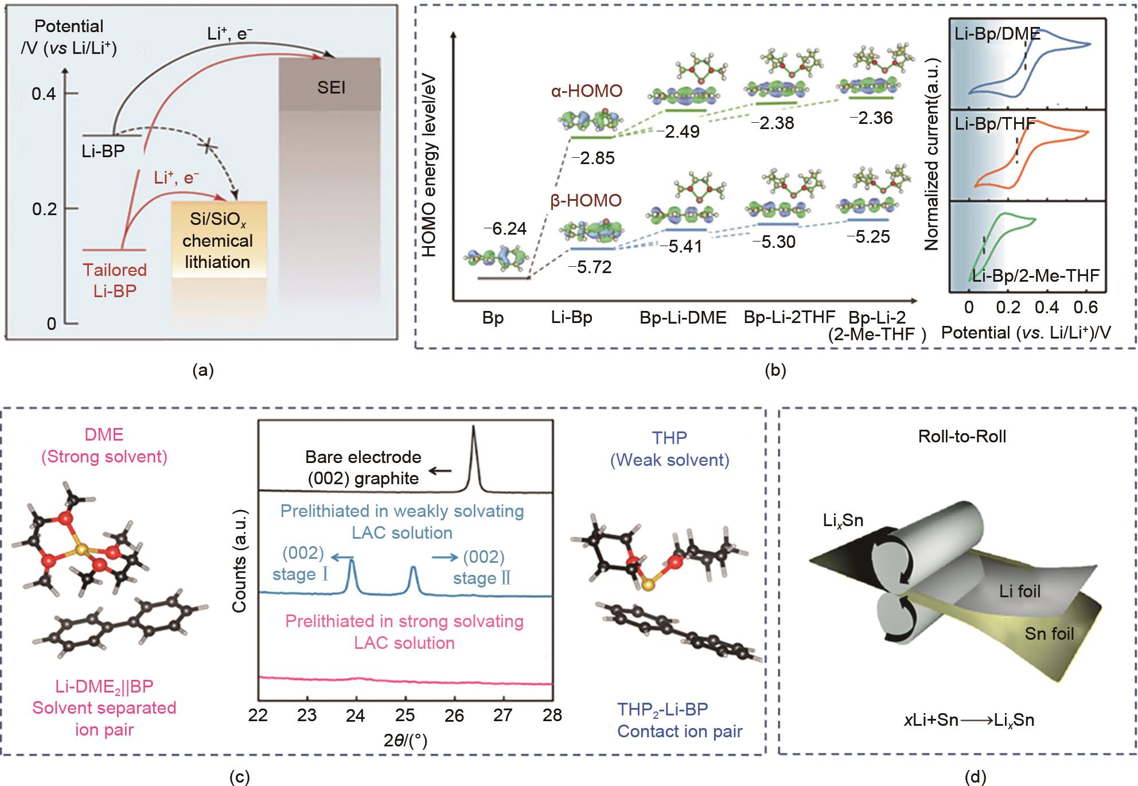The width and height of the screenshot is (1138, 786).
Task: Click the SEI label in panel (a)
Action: (331, 88)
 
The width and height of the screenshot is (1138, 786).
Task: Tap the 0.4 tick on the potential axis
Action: (44, 94)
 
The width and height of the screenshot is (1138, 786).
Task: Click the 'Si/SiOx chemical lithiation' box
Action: (217, 241)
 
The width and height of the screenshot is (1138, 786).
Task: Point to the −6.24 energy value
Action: (505, 229)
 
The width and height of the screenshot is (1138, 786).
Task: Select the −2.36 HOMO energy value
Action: (871, 118)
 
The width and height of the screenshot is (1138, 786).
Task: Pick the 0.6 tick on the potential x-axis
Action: (1084, 308)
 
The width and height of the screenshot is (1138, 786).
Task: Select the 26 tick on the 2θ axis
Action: (454, 715)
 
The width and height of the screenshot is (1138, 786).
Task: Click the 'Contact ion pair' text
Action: (680, 731)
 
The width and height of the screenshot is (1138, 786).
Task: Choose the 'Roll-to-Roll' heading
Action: (962, 437)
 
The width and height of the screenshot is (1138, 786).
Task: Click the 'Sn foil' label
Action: (1049, 633)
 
